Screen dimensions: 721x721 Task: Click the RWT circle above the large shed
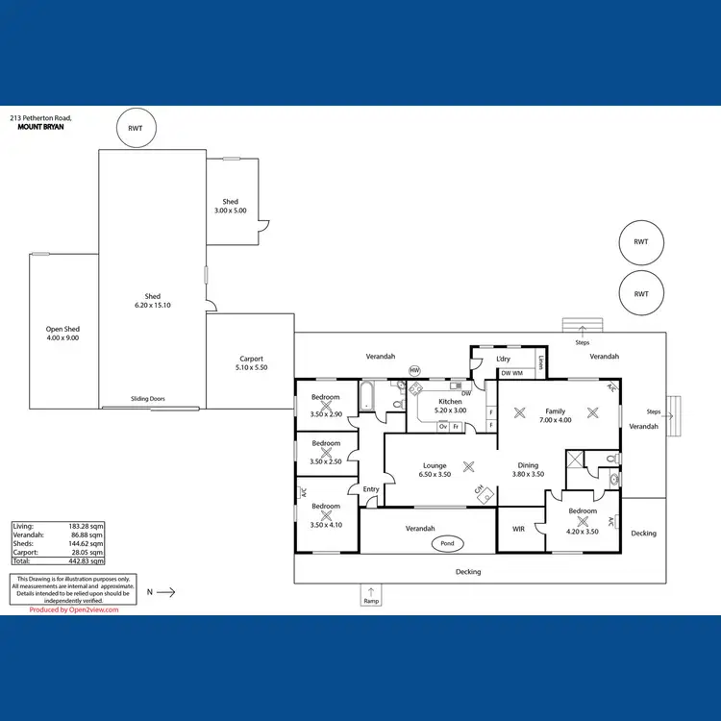136,128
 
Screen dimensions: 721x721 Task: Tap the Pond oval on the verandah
447,544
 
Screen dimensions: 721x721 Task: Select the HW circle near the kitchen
415,370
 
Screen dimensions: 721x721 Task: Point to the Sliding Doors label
148,398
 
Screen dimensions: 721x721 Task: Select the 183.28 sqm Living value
87,527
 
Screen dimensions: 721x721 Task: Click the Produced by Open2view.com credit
74,609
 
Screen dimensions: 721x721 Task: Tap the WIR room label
518,529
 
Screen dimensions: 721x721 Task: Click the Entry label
371,489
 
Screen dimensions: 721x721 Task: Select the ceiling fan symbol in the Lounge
468,466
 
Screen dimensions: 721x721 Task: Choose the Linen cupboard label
542,362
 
